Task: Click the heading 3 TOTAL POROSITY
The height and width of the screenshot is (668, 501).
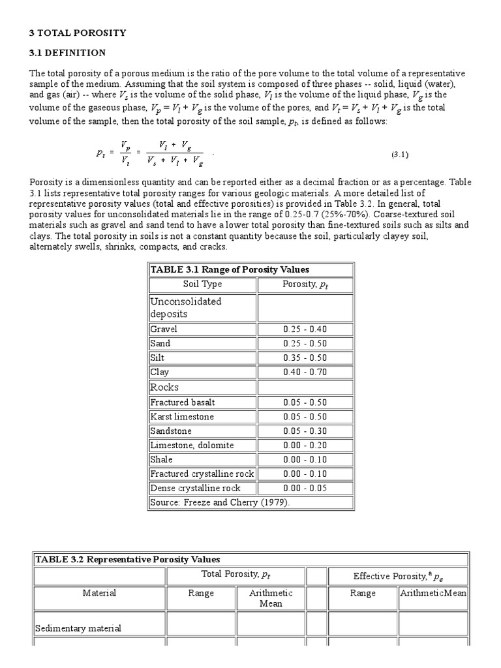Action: pyautogui.click(x=78, y=32)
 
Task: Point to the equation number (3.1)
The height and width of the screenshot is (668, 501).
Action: pyautogui.click(x=400, y=155)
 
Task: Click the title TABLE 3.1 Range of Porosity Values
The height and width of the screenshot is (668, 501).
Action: pyautogui.click(x=230, y=269)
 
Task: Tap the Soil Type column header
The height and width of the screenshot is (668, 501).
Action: pyautogui.click(x=203, y=284)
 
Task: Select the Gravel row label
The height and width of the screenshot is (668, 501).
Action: pyautogui.click(x=164, y=329)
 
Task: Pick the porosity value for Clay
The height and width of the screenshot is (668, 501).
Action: pyautogui.click(x=305, y=372)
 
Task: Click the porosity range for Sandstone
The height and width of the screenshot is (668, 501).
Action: pyautogui.click(x=305, y=431)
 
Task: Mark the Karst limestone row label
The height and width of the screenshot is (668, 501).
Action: pyautogui.click(x=182, y=416)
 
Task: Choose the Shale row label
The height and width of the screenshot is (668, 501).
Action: pyautogui.click(x=162, y=459)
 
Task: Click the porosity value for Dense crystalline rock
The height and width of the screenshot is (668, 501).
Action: pyautogui.click(x=305, y=488)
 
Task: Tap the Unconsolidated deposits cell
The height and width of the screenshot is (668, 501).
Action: pyautogui.click(x=186, y=307)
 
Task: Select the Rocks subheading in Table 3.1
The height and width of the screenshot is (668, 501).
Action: pyautogui.click(x=164, y=387)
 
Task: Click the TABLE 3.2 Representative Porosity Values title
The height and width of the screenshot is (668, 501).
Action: pyautogui.click(x=127, y=559)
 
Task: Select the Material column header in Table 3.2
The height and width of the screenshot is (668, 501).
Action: pyautogui.click(x=99, y=593)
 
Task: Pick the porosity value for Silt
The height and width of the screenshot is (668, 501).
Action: pyautogui.click(x=305, y=357)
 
